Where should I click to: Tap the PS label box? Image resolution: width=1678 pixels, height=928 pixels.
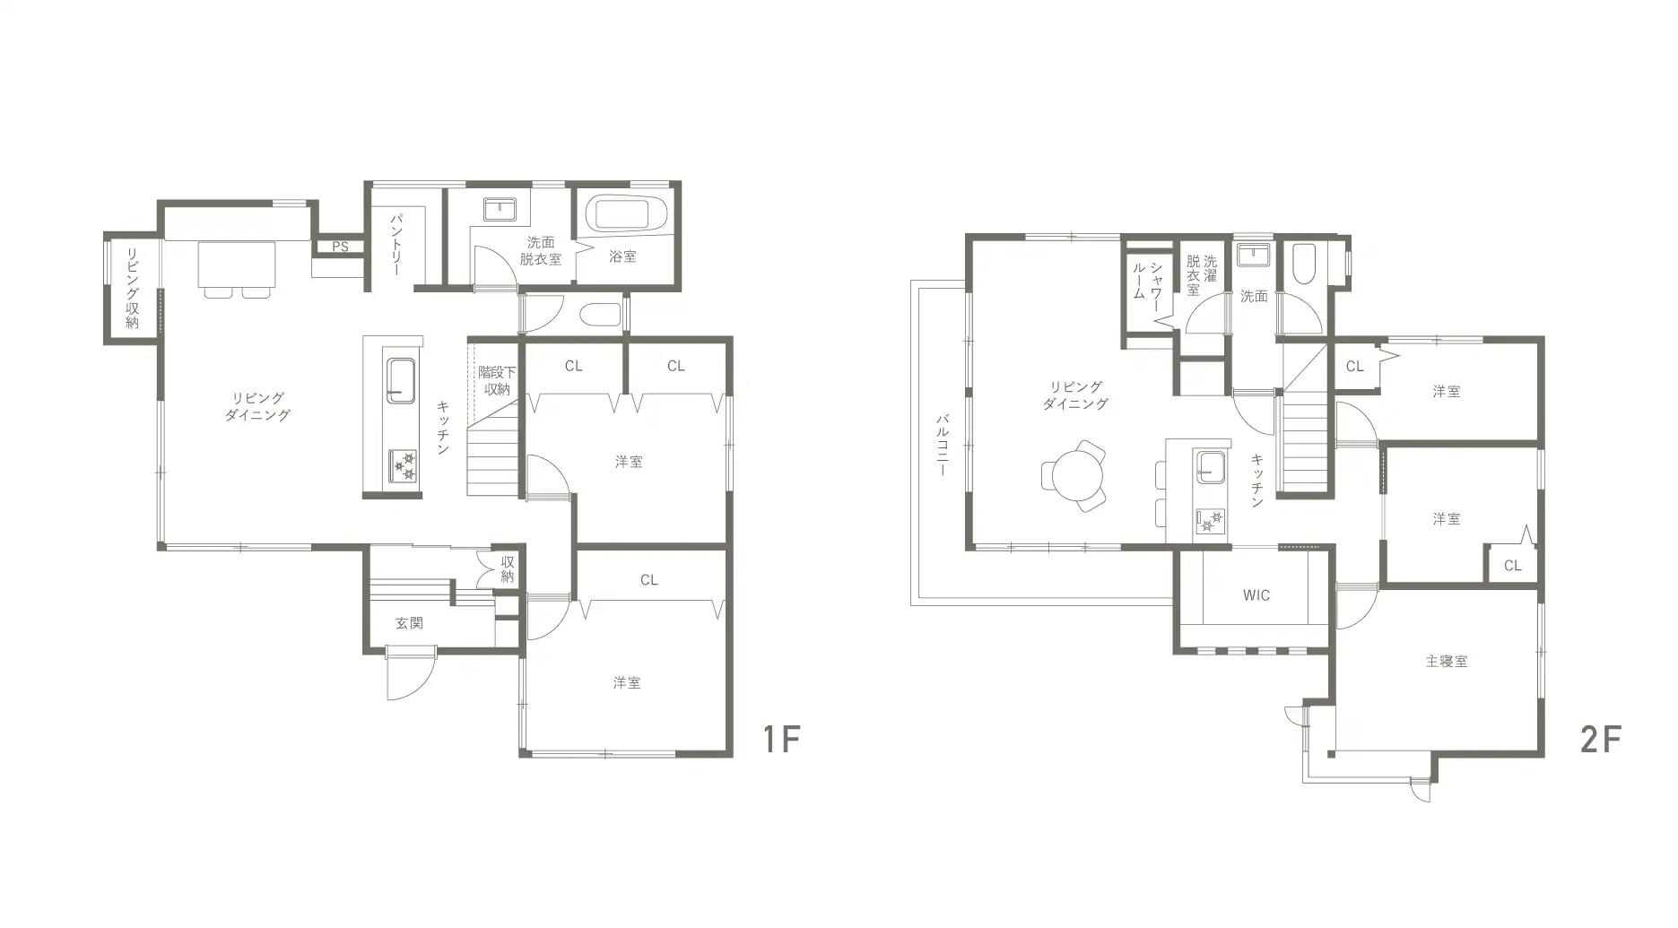click(340, 247)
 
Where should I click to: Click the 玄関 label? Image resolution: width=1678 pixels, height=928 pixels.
click(409, 623)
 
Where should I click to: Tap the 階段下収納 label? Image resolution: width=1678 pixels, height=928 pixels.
click(497, 380)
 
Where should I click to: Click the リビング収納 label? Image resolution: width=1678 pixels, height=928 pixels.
click(133, 287)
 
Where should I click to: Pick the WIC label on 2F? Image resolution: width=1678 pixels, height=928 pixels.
click(1256, 595)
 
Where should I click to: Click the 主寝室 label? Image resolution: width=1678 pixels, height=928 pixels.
click(1446, 662)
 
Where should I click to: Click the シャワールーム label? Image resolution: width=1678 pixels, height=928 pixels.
click(1147, 281)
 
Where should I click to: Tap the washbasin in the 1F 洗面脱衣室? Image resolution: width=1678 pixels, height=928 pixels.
click(500, 210)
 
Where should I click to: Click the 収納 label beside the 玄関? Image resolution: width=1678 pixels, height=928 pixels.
click(508, 569)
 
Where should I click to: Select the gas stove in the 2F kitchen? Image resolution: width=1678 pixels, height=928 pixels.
click(1210, 521)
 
